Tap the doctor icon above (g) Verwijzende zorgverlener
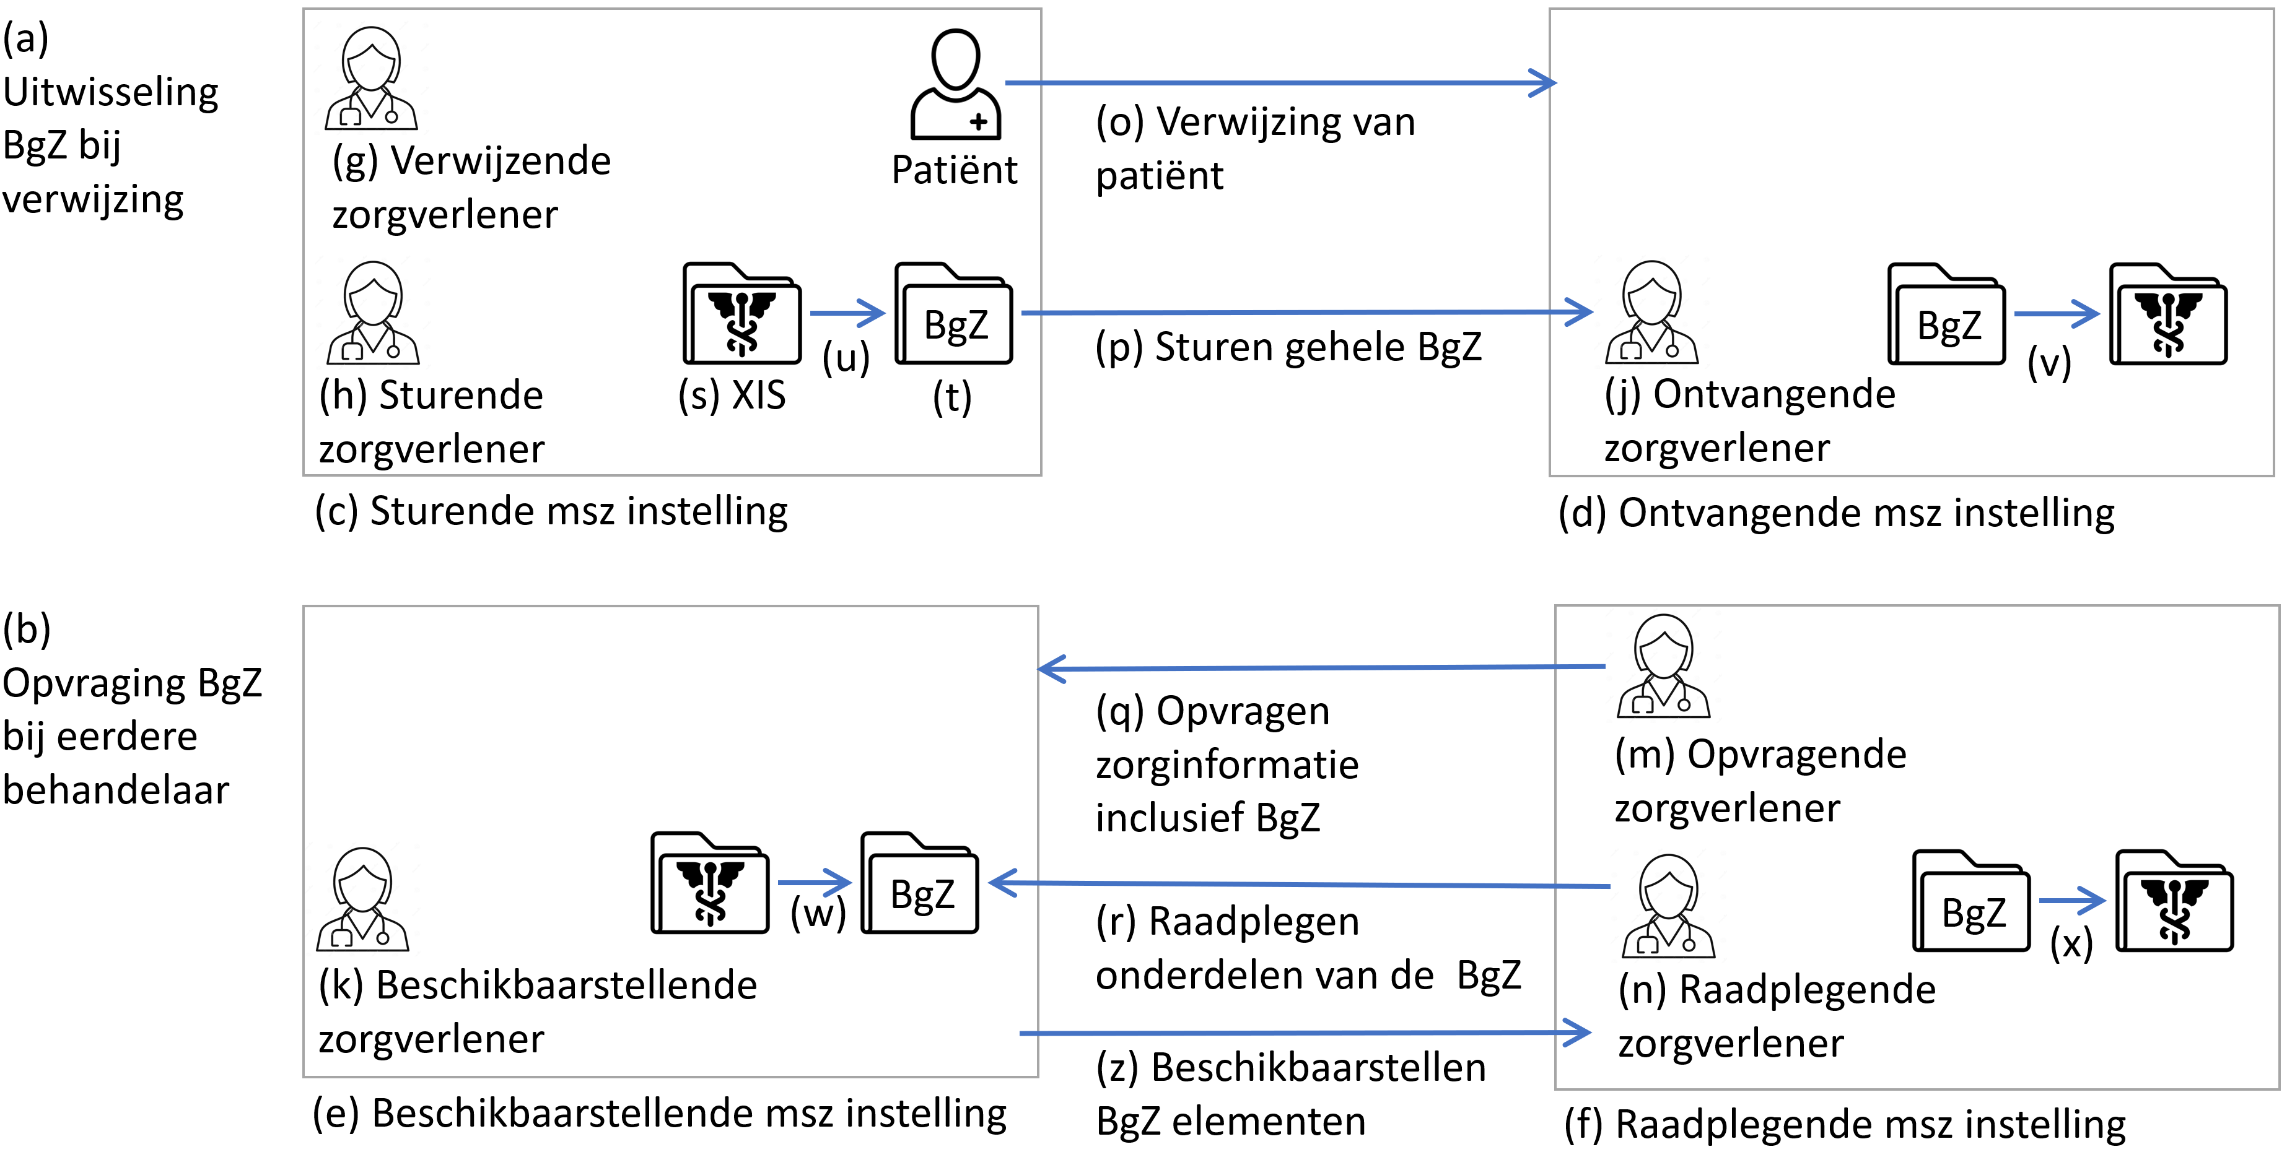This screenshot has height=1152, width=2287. tap(371, 78)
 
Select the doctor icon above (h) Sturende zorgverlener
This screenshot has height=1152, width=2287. tap(373, 313)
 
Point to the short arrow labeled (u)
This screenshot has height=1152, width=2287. tap(848, 313)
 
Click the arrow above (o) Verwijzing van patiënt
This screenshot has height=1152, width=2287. tap(1280, 82)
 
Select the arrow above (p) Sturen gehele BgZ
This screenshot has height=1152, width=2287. tap(1307, 313)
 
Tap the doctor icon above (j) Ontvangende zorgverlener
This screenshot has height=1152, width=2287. tap(1651, 313)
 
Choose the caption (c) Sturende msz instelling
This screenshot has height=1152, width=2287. tap(551, 512)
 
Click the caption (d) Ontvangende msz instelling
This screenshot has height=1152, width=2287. tap(1836, 514)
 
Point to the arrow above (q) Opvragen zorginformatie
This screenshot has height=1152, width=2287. tap(1321, 667)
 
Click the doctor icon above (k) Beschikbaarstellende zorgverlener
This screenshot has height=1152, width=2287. tap(362, 899)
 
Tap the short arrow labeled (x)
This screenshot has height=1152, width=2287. tap(2072, 900)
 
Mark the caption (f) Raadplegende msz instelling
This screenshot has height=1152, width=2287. tap(1845, 1125)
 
